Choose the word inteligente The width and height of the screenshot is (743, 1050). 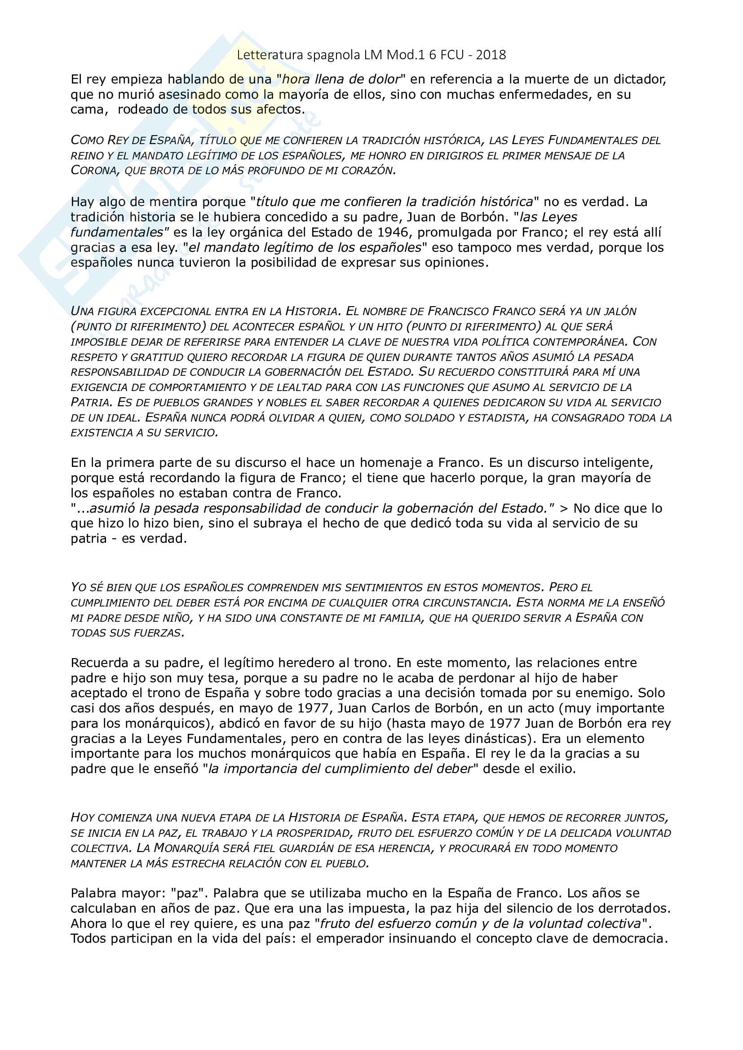(618, 463)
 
